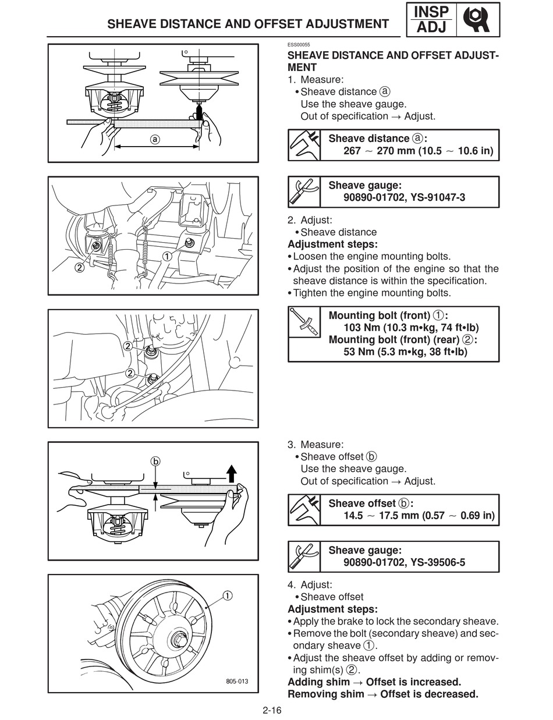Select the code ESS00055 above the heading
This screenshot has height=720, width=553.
(299, 45)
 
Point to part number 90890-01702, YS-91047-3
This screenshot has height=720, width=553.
(404, 198)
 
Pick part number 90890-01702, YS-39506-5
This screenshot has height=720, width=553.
(404, 563)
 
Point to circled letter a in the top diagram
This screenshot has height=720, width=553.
(154, 139)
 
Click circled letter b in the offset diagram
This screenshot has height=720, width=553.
(155, 462)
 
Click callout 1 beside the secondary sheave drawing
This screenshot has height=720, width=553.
(226, 595)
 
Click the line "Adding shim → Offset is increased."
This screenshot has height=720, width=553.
(374, 682)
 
